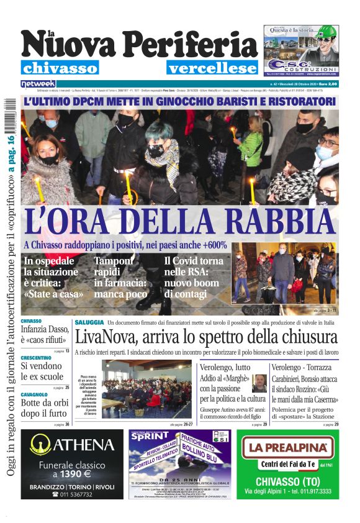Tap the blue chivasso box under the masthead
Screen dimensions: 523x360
(x=60, y=68)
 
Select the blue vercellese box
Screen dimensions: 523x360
(x=212, y=68)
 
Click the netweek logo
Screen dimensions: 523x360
(x=38, y=84)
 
